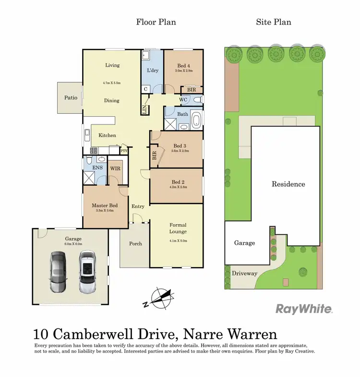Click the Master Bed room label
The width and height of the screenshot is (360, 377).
105,205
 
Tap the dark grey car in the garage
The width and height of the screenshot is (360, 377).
58,272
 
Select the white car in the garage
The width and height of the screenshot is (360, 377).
87,272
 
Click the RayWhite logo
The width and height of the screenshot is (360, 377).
304,309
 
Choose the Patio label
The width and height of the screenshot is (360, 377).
71,97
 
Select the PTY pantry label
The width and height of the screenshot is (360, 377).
124,151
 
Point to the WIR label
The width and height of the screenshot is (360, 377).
115,169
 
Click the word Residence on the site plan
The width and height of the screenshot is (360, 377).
288,184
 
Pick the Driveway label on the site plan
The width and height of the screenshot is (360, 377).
245,273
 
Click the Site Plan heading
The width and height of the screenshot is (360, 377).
274,22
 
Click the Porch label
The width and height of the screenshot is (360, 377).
136,243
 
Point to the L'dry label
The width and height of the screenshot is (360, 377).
153,71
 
